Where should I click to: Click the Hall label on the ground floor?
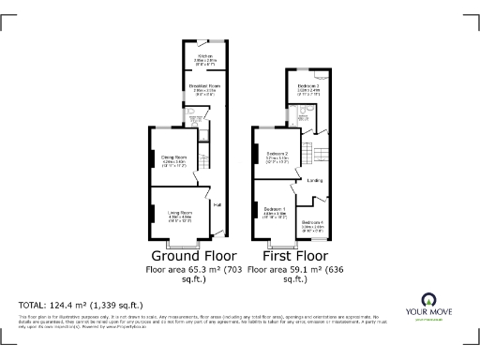217,205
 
